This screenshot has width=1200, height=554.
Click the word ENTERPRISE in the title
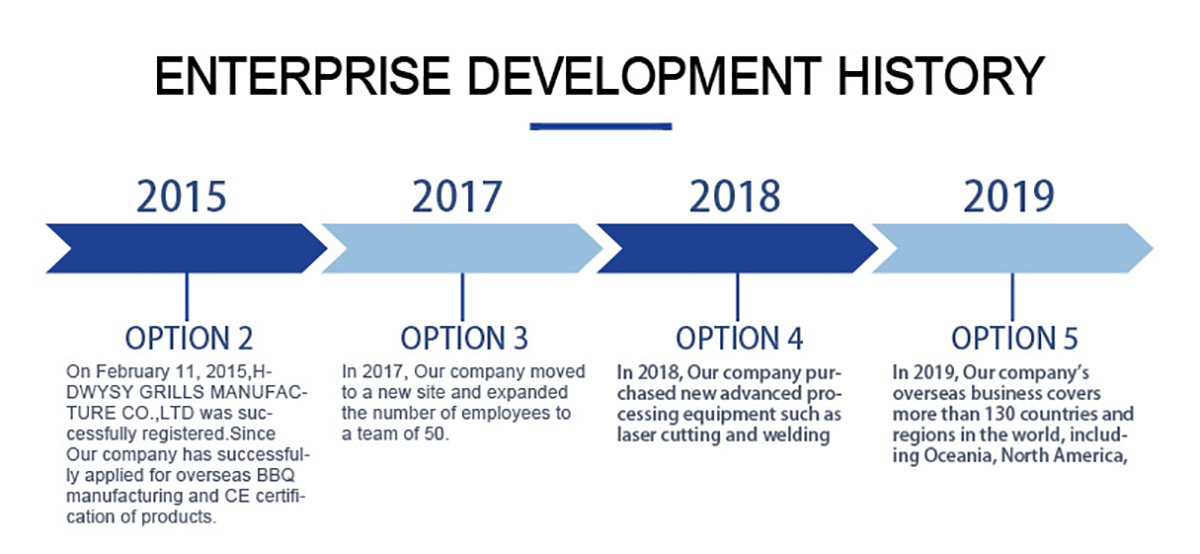pos(303,76)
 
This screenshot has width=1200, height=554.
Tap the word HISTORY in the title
pos(940,76)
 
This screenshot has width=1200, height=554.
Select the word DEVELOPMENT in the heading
pos(644,76)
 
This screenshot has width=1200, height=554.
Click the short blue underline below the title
pos(601,126)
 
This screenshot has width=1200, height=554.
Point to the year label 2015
pos(182,197)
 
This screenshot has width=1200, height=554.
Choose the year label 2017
pos(457,197)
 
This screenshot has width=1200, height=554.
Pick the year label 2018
pos(734,197)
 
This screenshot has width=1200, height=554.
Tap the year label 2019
pos(1009,197)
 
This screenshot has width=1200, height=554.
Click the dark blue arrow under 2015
pos(186,248)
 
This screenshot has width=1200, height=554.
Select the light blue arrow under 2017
pos(462,248)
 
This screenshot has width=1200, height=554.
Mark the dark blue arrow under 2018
pos(737,248)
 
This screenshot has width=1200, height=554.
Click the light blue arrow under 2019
pos(1012,248)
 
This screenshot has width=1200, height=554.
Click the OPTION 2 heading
pos(189,338)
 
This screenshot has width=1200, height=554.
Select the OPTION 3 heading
pos(464,338)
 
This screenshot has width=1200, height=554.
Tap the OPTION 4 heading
pos(739,338)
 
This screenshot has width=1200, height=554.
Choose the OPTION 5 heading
pos(1015,338)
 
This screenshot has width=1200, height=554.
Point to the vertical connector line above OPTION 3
pos(462,297)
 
